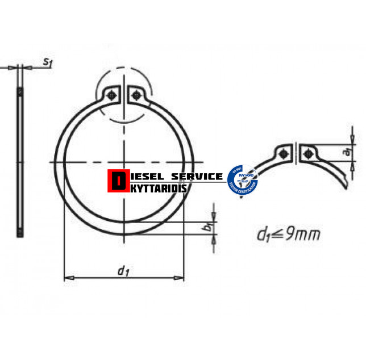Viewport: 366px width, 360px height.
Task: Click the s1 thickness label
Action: pyautogui.click(x=47, y=62)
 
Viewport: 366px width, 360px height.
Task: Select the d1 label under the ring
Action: pyautogui.click(x=122, y=271)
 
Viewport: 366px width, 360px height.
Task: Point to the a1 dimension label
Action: pyautogui.click(x=347, y=152)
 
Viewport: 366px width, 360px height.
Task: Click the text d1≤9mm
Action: pyautogui.click(x=288, y=233)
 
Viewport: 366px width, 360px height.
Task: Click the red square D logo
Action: pyautogui.click(x=118, y=181)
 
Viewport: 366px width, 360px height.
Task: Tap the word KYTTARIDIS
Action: pyautogui.click(x=159, y=186)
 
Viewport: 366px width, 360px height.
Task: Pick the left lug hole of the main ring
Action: pyautogui.click(x=114, y=95)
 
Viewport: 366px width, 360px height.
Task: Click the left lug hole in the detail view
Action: pyautogui.click(x=284, y=152)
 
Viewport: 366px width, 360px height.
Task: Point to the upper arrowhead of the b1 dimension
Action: pyautogui.click(x=213, y=216)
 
